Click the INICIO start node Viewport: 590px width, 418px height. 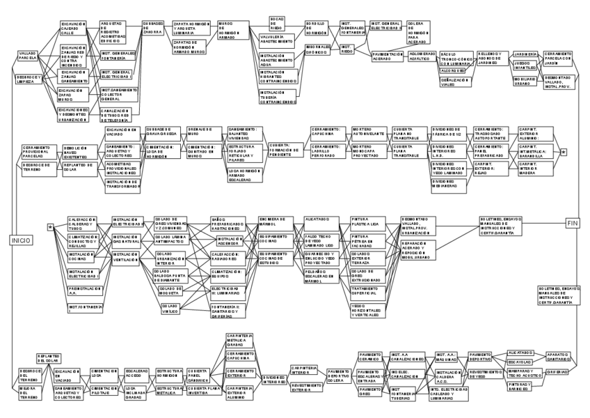point(19,240)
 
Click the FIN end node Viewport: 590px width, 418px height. point(573,223)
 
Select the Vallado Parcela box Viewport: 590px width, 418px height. point(29,56)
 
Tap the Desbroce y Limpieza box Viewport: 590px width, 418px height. point(29,78)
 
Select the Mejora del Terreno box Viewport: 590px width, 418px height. point(31,394)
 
